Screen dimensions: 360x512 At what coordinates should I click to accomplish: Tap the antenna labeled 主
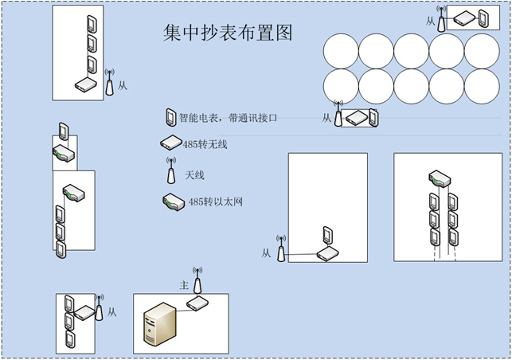[x=197, y=280]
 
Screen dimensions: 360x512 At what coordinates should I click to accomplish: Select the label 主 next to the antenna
[x=184, y=284]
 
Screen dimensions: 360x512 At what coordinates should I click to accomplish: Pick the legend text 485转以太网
[x=214, y=202]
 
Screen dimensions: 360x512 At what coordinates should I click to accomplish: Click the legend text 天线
[x=195, y=174]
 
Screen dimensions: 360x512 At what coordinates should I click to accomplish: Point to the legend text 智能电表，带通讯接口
[x=231, y=118]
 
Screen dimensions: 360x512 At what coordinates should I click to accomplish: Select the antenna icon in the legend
[x=170, y=171]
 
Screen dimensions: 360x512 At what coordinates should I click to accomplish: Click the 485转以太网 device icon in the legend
[x=171, y=202]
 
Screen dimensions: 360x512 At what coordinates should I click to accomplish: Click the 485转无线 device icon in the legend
[x=170, y=144]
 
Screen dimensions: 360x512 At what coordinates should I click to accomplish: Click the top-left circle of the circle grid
[x=341, y=51]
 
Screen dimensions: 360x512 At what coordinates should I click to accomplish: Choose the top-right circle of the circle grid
[x=482, y=51]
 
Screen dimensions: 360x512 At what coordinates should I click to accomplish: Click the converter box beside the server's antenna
[x=197, y=303]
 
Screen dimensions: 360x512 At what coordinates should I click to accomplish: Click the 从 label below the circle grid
[x=326, y=118]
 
